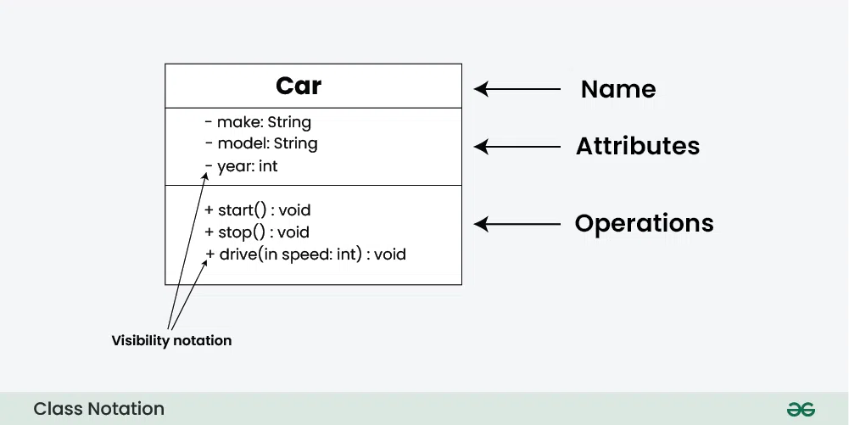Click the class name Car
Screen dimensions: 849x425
pos(299,86)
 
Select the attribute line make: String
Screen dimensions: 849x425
pos(258,122)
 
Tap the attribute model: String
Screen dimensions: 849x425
pos(261,143)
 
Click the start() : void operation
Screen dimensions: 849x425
pos(258,210)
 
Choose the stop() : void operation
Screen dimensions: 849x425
pos(257,232)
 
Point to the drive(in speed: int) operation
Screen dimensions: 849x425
pos(305,254)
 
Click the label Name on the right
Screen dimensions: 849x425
pos(618,89)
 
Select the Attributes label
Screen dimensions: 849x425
pos(638,146)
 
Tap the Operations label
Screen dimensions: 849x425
pos(645,223)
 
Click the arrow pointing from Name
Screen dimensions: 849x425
pos(517,89)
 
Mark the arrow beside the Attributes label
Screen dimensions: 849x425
pos(517,146)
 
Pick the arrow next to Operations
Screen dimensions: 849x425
pos(517,224)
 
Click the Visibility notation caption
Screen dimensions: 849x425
pos(171,340)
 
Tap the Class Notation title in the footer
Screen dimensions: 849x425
pos(98,409)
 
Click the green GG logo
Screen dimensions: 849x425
pos(801,409)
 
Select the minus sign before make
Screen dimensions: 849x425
pos(209,122)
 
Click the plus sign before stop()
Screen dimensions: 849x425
pos(209,232)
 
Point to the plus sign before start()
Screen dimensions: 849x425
pos(209,210)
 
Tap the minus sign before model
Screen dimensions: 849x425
pos(209,143)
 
